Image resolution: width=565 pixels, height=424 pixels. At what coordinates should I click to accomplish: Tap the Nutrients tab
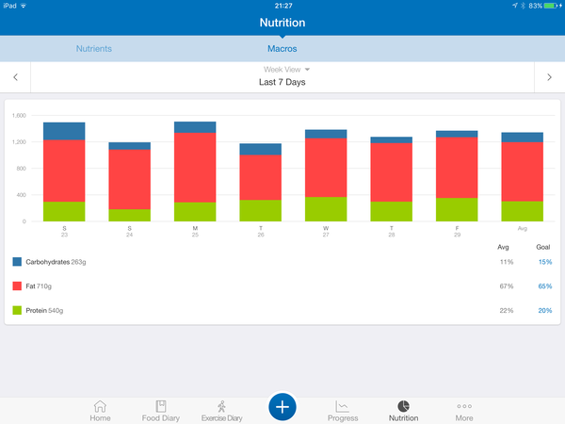point(93,47)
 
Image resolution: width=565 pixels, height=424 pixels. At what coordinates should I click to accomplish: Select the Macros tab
point(282,47)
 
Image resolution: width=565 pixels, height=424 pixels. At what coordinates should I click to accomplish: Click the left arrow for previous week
point(15,77)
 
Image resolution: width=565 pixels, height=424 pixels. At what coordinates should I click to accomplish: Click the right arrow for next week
point(549,77)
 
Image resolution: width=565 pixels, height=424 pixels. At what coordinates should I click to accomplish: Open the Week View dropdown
point(286,70)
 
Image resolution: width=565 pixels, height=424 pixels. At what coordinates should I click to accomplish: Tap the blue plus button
point(282,406)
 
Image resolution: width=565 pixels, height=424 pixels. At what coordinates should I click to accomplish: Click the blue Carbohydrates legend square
point(17,261)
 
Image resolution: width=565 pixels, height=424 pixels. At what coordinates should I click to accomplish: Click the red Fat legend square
point(17,285)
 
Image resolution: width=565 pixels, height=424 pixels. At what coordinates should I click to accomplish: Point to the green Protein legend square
point(17,310)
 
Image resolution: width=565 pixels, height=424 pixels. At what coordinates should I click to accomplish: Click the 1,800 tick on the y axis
point(19,116)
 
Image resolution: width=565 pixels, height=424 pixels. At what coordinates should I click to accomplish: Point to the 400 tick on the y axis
point(21,195)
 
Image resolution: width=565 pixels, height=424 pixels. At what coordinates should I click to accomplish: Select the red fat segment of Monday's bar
point(195,168)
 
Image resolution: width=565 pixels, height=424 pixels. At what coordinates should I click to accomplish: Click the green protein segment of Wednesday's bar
point(326,209)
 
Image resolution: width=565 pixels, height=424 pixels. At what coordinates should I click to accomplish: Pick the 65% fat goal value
point(544,285)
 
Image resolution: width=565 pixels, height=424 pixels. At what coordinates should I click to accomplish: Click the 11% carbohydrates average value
point(507,261)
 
